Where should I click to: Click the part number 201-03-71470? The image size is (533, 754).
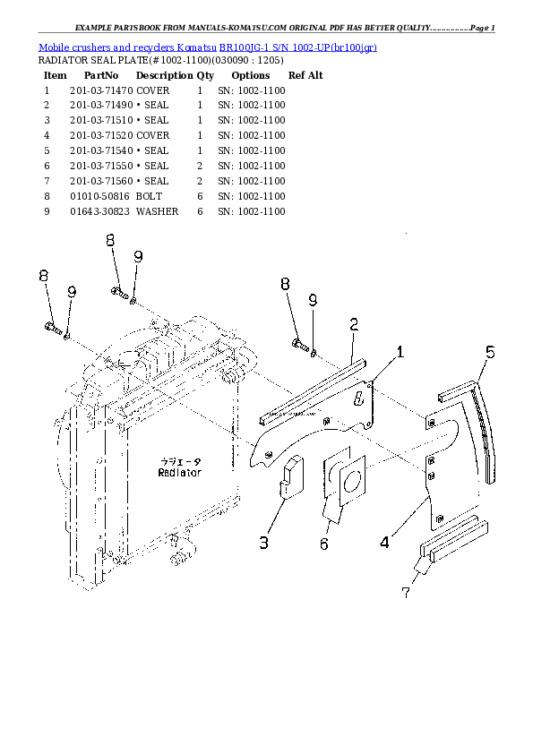click(100, 91)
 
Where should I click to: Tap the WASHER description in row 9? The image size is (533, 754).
click(157, 211)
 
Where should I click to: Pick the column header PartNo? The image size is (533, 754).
click(100, 76)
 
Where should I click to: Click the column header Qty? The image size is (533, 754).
click(205, 76)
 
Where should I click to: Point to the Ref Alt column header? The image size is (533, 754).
click(305, 76)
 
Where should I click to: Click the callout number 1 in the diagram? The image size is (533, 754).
click(400, 353)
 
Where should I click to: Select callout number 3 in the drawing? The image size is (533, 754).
click(264, 542)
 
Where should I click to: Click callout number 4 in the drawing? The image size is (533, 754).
click(384, 542)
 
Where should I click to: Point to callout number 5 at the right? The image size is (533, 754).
click(490, 352)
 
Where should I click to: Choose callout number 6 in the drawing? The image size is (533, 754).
click(323, 544)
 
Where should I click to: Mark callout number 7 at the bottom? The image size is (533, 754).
click(405, 591)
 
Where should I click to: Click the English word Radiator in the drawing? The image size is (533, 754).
click(179, 472)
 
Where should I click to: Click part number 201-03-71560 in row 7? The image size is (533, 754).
click(100, 181)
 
